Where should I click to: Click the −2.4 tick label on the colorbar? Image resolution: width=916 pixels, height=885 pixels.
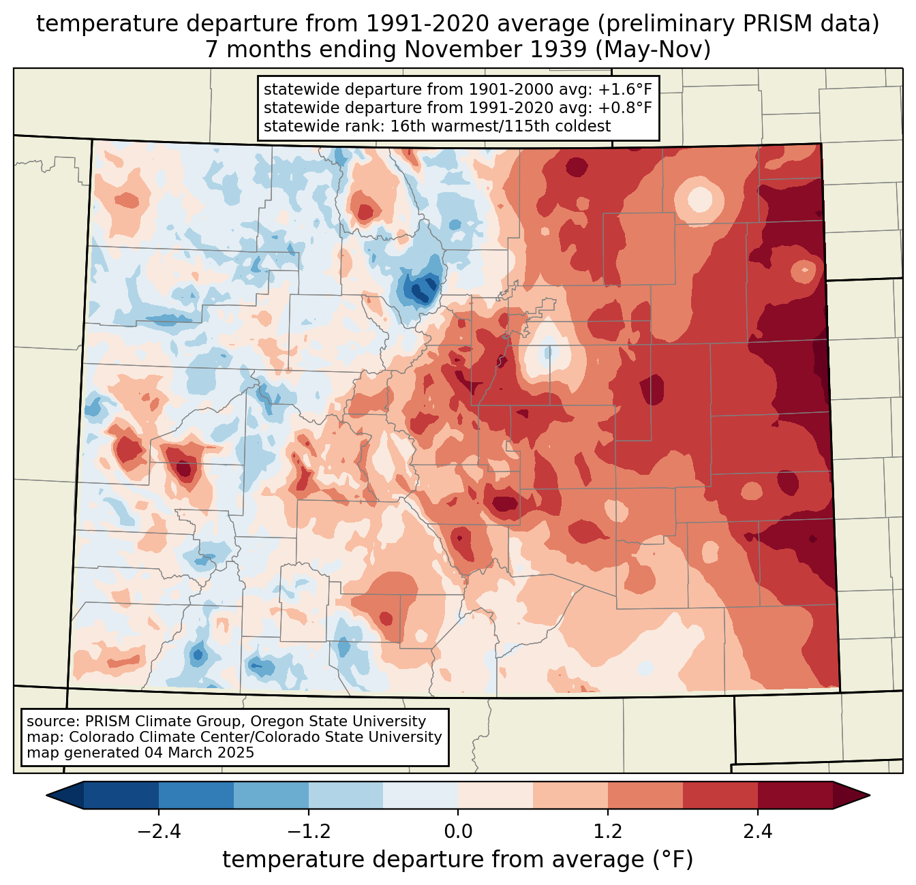point(159,832)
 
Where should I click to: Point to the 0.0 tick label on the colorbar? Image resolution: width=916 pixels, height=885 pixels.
point(458,832)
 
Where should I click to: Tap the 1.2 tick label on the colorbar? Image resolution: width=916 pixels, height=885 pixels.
point(608,832)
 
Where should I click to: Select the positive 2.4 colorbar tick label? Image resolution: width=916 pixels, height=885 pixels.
point(757,832)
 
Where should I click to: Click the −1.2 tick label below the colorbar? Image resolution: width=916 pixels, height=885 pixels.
point(308,832)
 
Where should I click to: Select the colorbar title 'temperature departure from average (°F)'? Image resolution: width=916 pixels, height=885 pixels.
point(458,860)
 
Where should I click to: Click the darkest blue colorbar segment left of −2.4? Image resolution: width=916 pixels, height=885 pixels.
point(121,795)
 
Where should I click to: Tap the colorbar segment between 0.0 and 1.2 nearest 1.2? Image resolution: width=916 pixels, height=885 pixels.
point(570,795)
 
